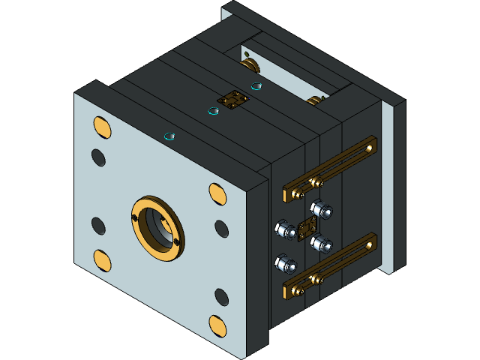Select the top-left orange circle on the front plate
click(x=102, y=127)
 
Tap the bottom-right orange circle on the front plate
click(x=217, y=325)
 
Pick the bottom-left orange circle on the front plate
click(x=102, y=259)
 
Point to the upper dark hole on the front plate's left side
click(x=98, y=157)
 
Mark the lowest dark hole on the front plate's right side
click(x=221, y=297)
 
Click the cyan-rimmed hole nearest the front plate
click(x=169, y=136)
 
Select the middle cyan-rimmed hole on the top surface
click(x=214, y=112)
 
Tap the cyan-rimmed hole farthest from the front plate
click(x=256, y=86)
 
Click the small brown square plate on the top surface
click(x=232, y=99)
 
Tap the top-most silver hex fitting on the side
click(x=321, y=208)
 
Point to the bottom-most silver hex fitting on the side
click(x=285, y=263)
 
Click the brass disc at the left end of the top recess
click(x=249, y=64)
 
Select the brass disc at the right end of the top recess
click(x=315, y=100)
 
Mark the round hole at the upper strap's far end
click(x=369, y=148)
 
